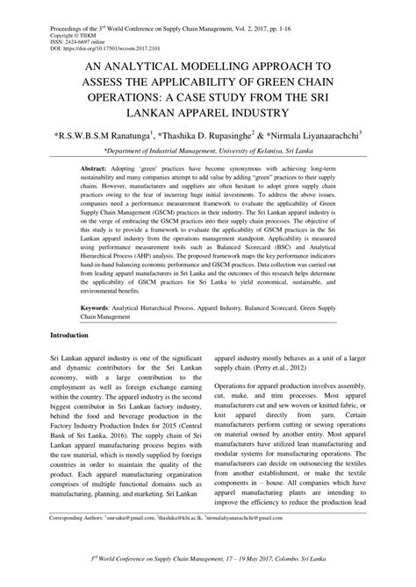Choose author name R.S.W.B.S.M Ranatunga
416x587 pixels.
111,136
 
